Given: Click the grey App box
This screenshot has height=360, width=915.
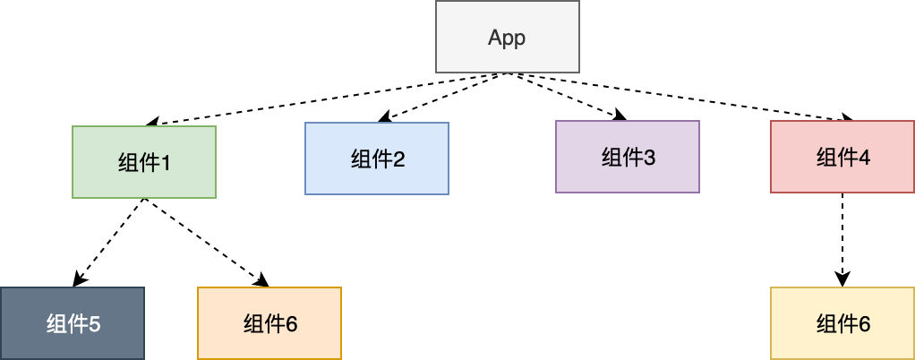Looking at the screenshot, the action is [508, 37].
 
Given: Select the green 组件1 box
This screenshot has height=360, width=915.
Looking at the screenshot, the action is [144, 162].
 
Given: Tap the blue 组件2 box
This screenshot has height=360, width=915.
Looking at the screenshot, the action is [377, 159].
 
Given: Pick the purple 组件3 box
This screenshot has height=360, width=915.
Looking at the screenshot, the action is [628, 157].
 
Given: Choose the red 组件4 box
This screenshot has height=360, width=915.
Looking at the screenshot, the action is [842, 157].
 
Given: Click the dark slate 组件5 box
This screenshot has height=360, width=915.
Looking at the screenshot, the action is [72, 323].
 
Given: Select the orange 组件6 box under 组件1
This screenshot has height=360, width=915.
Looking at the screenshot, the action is [269, 323].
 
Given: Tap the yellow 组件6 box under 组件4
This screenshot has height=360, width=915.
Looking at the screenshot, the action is [842, 323].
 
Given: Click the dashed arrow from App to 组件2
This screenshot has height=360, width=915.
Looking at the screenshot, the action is [443, 98].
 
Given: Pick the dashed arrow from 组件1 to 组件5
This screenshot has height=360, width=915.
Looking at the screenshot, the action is [108, 243].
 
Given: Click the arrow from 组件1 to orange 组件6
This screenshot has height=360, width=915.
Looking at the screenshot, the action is [207, 243].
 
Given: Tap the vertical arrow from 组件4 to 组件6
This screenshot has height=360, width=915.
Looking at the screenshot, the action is [842, 240].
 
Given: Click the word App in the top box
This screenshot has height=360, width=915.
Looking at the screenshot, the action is [507, 38].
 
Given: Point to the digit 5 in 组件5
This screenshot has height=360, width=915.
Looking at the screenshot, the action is [95, 324].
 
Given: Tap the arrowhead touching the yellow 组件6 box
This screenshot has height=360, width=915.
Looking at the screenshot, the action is [842, 279].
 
